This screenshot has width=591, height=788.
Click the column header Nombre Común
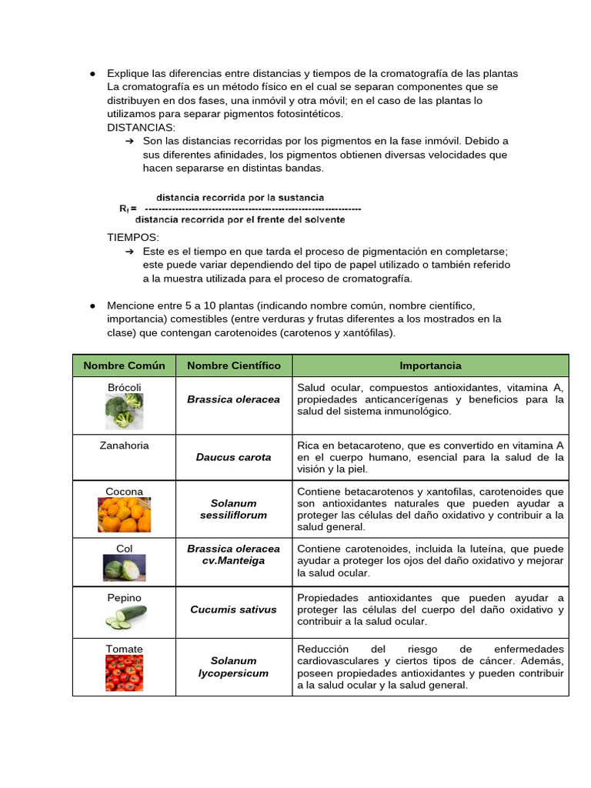pyautogui.click(x=124, y=366)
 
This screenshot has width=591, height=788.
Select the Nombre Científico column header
pyautogui.click(x=234, y=366)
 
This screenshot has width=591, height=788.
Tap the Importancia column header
pyautogui.click(x=430, y=366)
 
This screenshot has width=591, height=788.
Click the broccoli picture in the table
pyautogui.click(x=124, y=411)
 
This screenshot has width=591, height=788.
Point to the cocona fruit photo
pyautogui.click(x=124, y=515)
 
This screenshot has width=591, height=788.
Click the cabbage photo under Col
pyautogui.click(x=124, y=569)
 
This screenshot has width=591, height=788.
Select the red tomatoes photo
pyautogui.click(x=124, y=673)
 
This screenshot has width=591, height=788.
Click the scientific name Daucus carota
pyautogui.click(x=234, y=457)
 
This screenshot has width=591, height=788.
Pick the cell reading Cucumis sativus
pyautogui.click(x=234, y=609)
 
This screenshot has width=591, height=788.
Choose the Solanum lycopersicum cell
pyautogui.click(x=234, y=666)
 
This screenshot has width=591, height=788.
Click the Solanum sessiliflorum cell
pyautogui.click(x=234, y=509)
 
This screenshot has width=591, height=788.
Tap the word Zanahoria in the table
pyautogui.click(x=124, y=446)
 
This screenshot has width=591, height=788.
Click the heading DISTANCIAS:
pyautogui.click(x=141, y=127)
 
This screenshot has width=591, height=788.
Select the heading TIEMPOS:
pyautogui.click(x=133, y=238)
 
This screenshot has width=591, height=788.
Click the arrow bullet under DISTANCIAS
pyautogui.click(x=129, y=142)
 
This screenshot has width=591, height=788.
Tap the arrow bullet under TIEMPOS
pyautogui.click(x=129, y=252)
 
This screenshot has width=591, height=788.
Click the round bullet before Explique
pyautogui.click(x=92, y=74)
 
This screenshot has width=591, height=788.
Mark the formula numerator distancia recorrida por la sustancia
pyautogui.click(x=240, y=198)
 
